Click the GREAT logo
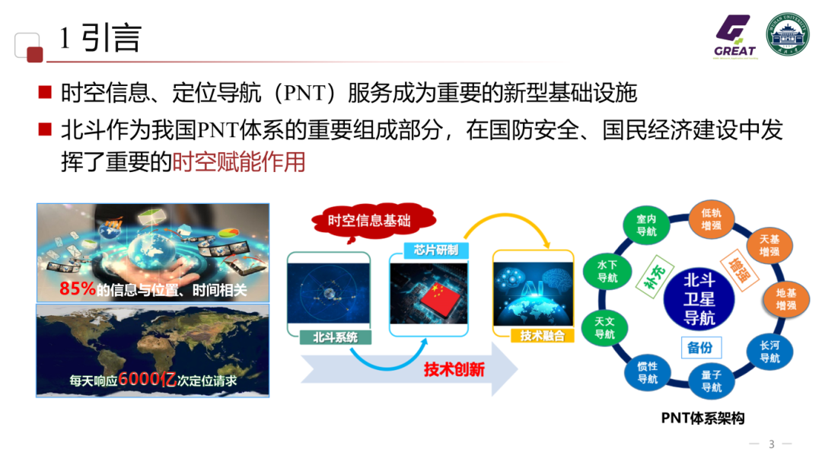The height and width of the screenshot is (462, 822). [734, 36]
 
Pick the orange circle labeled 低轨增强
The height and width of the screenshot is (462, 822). [712, 219]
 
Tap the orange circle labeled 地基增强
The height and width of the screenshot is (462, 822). [785, 299]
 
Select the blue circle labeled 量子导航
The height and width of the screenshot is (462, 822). [711, 381]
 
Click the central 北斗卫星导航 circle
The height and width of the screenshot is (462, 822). [699, 298]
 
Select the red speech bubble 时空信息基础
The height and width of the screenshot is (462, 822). [369, 221]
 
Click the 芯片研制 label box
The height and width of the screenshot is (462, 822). [431, 250]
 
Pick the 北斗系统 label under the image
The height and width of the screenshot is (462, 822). [335, 337]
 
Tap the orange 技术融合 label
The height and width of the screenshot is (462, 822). [542, 336]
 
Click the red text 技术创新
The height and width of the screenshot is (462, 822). [454, 369]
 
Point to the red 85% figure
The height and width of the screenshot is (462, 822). [78, 288]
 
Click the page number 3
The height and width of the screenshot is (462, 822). [771, 444]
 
